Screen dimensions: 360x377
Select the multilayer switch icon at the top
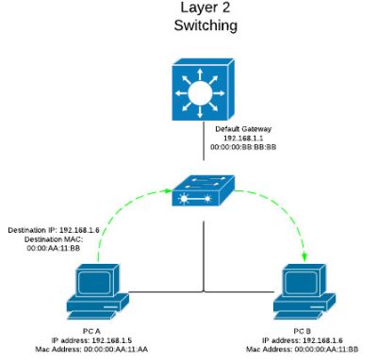click(200, 91)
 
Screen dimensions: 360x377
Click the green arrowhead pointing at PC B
click(303, 255)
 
